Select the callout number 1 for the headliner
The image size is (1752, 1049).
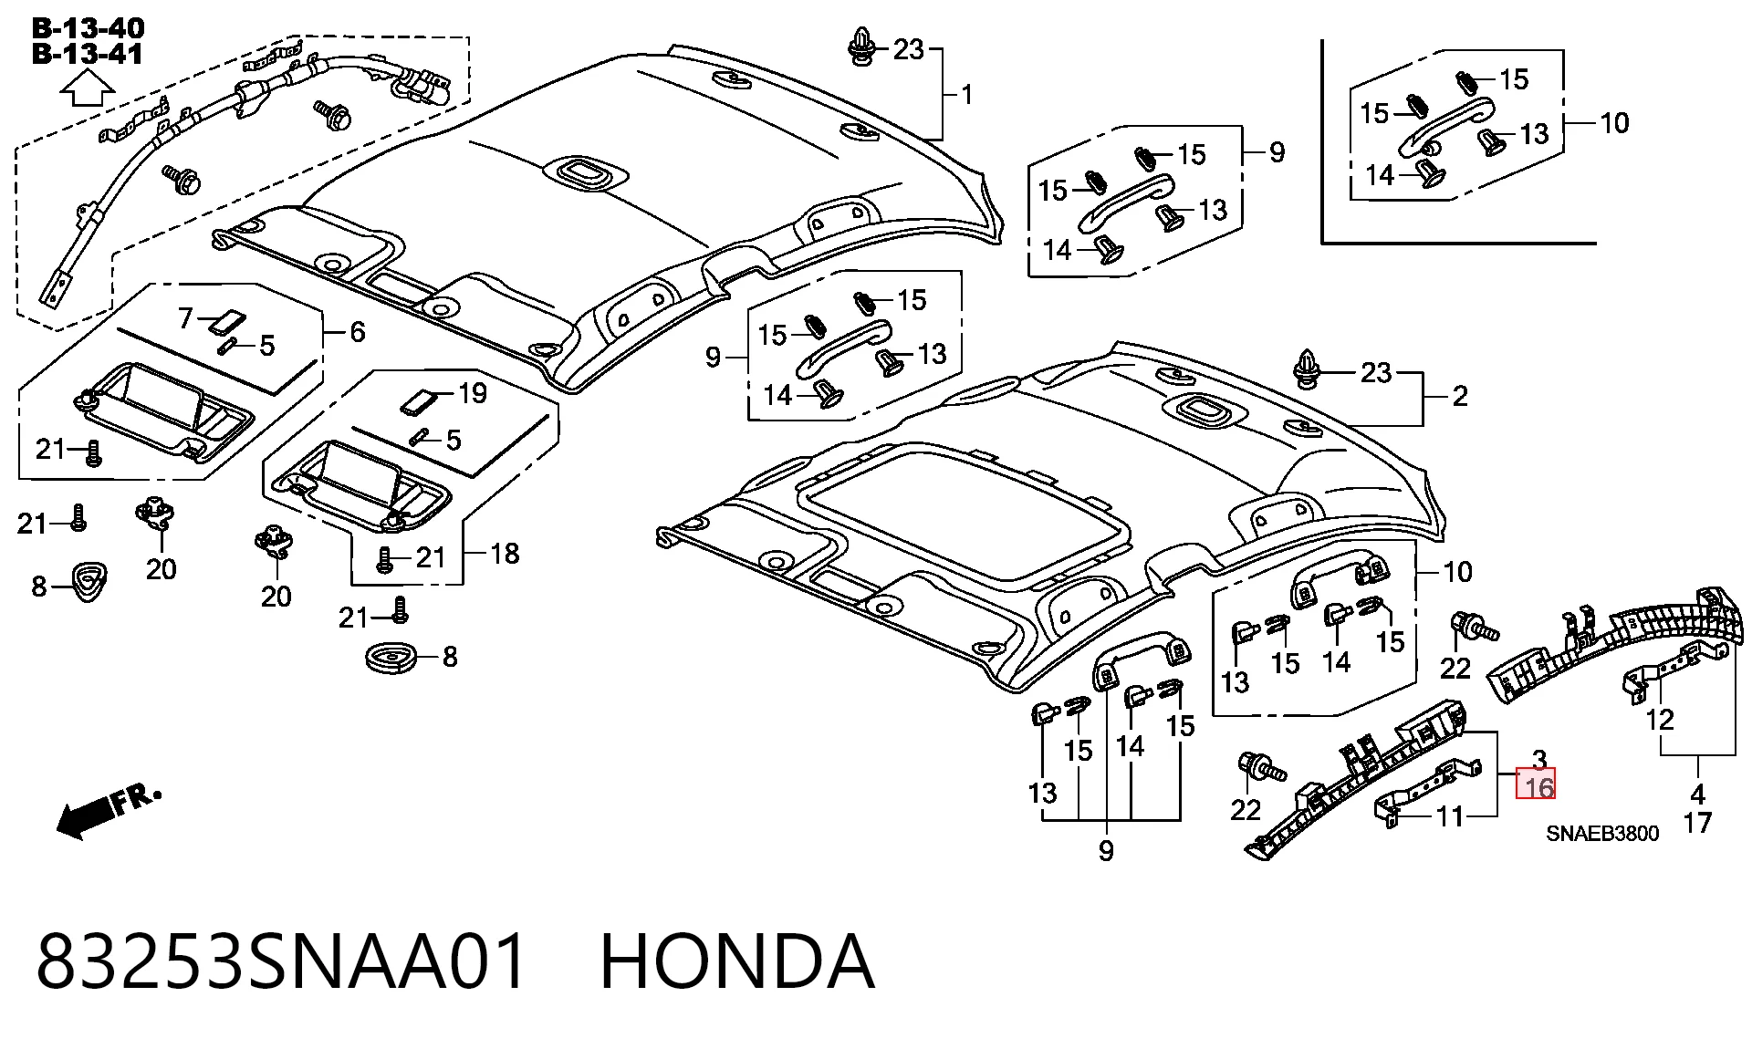coord(967,95)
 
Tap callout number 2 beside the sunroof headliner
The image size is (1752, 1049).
coord(1460,396)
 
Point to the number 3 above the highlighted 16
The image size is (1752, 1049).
coord(1539,759)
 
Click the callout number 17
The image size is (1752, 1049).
coord(1697,823)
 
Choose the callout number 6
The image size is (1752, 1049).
coord(358,332)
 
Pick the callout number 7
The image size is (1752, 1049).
coord(186,318)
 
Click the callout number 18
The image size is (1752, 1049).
coord(505,553)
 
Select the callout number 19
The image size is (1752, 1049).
coord(473,393)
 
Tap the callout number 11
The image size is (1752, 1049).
coord(1450,815)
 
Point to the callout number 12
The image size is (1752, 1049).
coord(1660,720)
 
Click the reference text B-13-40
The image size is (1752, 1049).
coord(88,28)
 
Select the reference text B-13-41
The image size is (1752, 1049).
coord(88,54)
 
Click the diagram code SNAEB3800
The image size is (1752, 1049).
coord(1602,834)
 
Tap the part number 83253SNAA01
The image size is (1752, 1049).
coord(282,961)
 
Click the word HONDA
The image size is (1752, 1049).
coord(737,961)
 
